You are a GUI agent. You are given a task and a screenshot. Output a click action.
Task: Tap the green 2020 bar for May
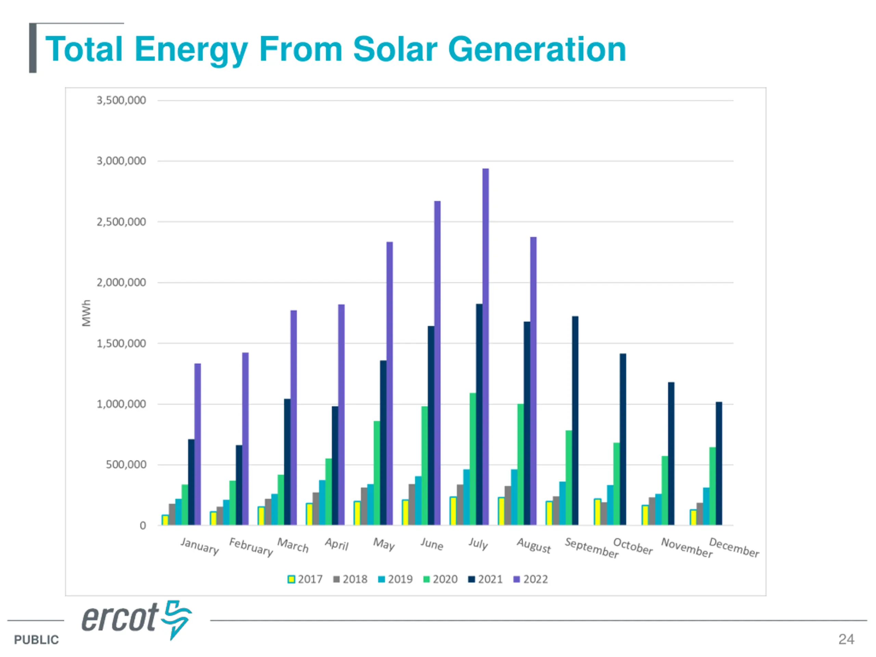point(377,473)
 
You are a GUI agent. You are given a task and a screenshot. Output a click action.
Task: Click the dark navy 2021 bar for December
point(719,463)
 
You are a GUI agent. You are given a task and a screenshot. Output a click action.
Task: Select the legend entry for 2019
point(395,579)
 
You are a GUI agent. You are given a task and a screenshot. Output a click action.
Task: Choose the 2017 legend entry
point(305,579)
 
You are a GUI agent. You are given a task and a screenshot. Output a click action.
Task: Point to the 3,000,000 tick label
point(121,161)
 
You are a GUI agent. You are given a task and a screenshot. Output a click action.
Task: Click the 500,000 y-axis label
point(126,465)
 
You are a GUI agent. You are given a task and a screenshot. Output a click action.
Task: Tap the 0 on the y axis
point(143,526)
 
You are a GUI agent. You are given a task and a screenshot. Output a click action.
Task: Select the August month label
point(533,546)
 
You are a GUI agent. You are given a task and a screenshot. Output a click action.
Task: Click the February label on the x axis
point(251,547)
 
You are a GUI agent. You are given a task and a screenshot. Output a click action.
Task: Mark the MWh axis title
point(86,313)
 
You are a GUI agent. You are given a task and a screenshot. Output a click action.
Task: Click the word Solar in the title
point(395,50)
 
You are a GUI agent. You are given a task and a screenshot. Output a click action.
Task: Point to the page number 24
point(846,639)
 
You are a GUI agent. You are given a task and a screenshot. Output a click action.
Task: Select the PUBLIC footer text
point(36,640)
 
